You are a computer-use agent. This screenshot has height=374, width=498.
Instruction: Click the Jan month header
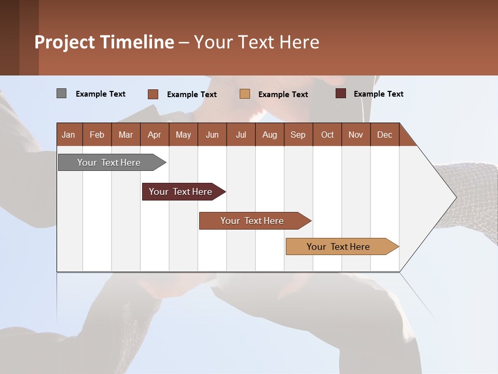pos(69,135)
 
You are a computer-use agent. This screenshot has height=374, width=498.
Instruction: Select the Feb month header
pos(97,135)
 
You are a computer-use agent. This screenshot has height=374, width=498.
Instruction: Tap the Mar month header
pos(126,135)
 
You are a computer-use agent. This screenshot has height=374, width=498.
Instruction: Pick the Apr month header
pos(155,135)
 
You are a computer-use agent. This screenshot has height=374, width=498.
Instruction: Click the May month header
pos(183,135)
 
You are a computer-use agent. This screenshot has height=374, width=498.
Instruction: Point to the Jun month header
pos(212,135)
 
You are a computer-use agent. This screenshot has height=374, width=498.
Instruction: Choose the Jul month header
pos(241,135)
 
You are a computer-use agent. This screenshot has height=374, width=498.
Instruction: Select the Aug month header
pos(270,135)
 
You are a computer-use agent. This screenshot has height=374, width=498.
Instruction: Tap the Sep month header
pos(298,135)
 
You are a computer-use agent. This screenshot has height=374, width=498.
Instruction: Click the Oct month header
pos(327,135)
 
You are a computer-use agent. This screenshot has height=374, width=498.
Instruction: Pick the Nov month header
pos(356,135)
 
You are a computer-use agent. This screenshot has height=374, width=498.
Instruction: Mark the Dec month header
pos(385,135)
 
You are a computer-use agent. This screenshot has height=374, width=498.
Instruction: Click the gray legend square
pos(61,94)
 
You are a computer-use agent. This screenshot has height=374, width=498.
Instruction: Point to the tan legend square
pos(245,94)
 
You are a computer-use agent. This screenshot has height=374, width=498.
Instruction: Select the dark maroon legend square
pos(341,94)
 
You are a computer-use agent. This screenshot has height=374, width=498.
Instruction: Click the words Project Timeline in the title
pos(104,42)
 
